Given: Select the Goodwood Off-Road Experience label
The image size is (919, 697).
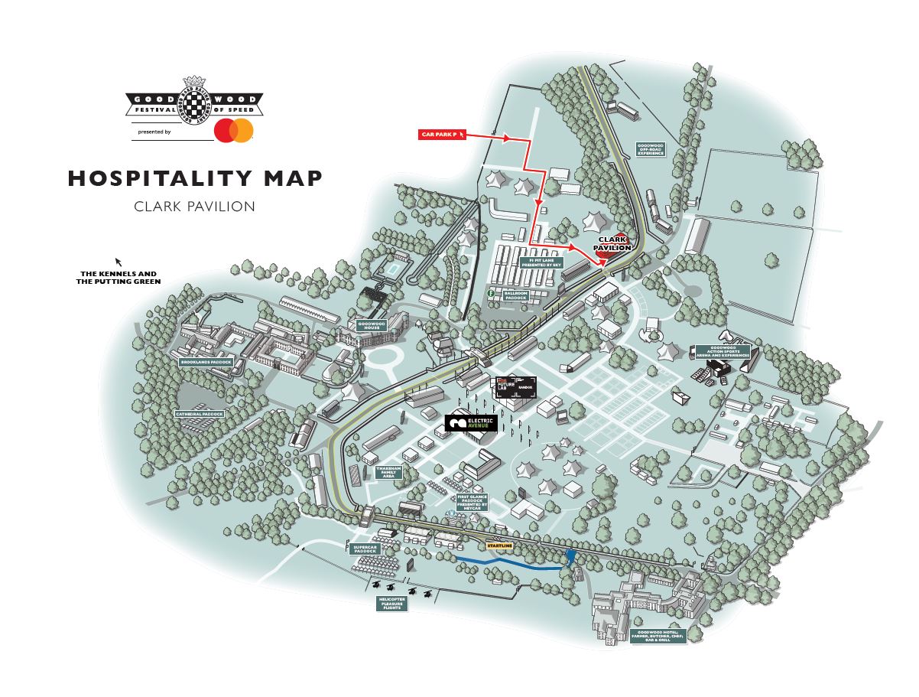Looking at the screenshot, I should coord(651,148).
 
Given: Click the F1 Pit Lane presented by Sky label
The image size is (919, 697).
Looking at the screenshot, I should coord(541,262).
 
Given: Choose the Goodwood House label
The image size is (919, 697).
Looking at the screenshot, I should coord(371,325).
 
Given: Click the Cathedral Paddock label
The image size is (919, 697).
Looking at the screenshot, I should coord(200,414).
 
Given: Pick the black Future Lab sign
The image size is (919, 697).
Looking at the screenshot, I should coord(515,386).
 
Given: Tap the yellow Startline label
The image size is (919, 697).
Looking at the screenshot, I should coord(499,546).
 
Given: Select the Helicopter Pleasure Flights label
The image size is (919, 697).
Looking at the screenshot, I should coord(391,604).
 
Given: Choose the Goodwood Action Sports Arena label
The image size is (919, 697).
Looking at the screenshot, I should coord(722,352).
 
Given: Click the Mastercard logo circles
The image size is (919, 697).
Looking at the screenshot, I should coord(234,131).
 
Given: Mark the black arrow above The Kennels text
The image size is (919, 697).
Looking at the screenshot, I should coord(118,261).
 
